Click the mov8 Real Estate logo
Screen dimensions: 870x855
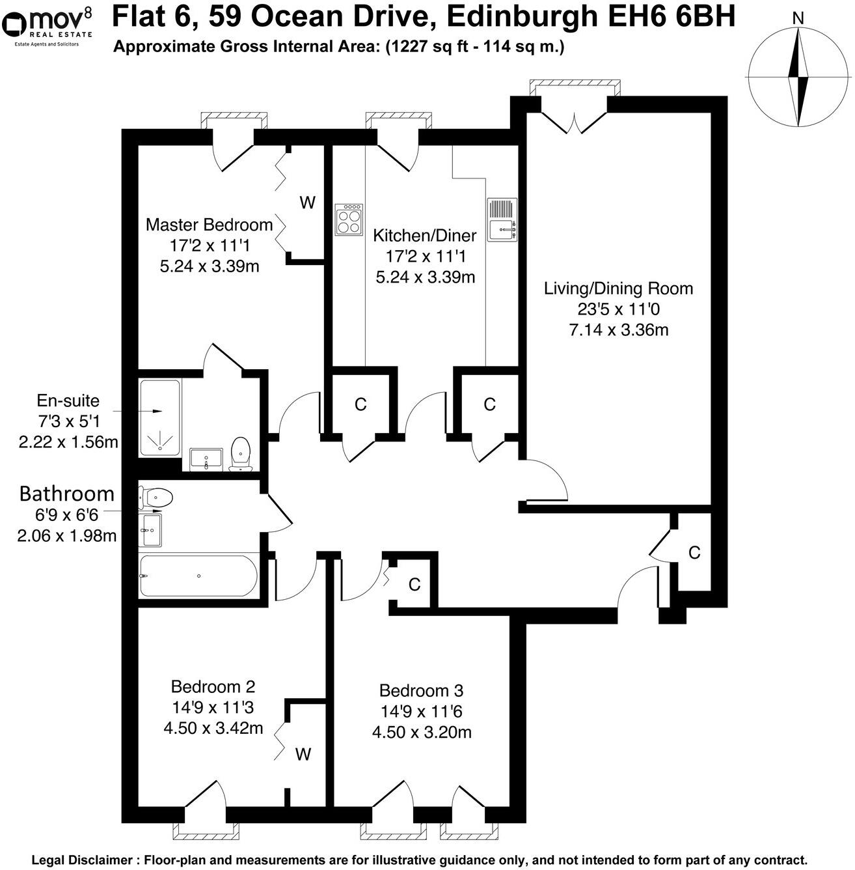click(x=47, y=25)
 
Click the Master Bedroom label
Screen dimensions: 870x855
click(x=209, y=225)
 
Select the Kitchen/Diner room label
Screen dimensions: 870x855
click(x=424, y=236)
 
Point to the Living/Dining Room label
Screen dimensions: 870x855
click(x=618, y=288)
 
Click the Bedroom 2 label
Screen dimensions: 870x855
click(x=213, y=686)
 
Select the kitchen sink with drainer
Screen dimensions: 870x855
click(x=502, y=219)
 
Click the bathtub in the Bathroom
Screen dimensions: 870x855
click(x=198, y=576)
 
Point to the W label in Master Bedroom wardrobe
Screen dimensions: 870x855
click(x=307, y=203)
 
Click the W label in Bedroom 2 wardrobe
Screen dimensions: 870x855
click(x=303, y=755)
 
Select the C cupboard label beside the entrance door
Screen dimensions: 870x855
click(x=694, y=553)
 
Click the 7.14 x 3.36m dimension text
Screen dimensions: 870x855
click(x=618, y=330)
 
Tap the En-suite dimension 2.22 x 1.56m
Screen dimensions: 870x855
click(x=68, y=442)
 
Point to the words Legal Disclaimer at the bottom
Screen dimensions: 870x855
click(x=81, y=860)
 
